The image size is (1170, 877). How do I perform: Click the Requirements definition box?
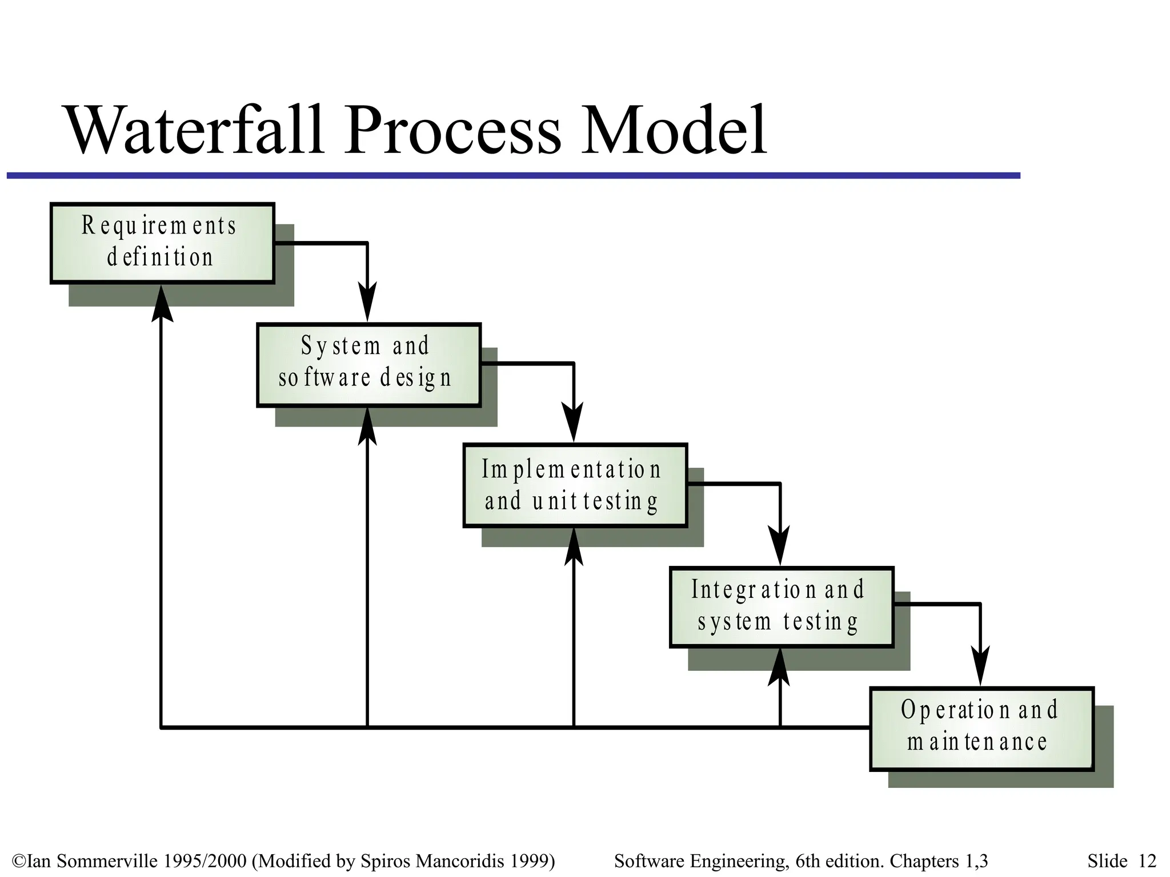click(x=162, y=243)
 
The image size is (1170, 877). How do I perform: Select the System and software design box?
click(x=368, y=365)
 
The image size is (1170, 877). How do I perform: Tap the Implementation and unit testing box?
click(x=575, y=485)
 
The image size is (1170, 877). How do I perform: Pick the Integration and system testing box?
click(x=781, y=607)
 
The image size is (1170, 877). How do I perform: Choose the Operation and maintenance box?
click(x=981, y=729)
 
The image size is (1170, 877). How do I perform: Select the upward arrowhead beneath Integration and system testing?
click(x=779, y=668)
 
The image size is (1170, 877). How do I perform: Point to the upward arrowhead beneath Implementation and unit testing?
click(x=574, y=547)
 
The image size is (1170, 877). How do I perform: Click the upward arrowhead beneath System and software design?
click(x=367, y=427)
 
